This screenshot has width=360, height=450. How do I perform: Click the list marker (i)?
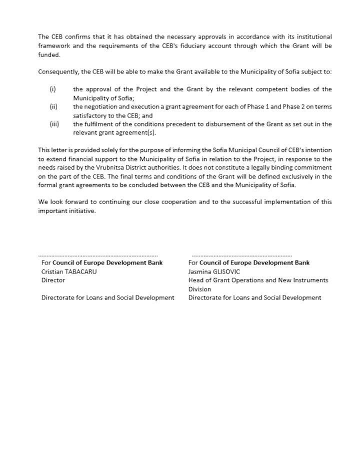52,89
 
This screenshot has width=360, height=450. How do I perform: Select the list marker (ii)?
53,106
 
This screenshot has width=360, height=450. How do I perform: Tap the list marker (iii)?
54,124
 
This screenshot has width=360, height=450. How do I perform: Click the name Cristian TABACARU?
69,271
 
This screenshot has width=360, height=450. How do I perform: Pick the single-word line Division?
199,289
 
